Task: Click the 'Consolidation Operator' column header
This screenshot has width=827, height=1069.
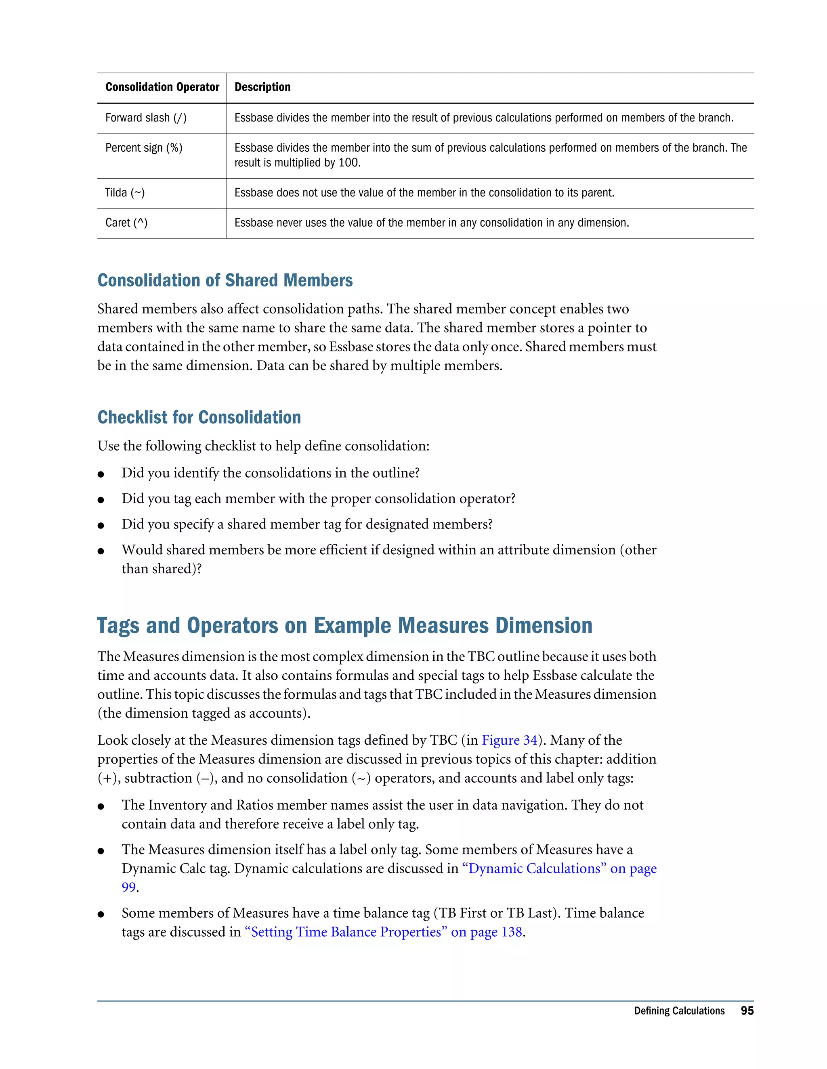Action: point(162,87)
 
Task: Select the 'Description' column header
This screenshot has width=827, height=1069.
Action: point(262,87)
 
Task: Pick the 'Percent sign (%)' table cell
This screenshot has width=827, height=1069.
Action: point(143,148)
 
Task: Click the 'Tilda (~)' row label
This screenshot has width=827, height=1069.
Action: point(125,193)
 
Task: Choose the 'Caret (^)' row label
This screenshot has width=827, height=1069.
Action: point(126,223)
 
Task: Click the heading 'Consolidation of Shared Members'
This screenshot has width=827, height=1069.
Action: point(225,280)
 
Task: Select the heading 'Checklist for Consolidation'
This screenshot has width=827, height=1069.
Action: point(199,418)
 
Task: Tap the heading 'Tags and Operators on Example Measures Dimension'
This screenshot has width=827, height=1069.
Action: point(344,626)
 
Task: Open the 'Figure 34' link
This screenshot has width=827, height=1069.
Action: point(510,740)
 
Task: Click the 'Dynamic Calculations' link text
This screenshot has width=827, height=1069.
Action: point(534,869)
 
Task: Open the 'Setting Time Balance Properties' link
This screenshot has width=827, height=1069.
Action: point(345,932)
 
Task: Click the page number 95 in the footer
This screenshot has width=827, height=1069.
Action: point(747,1011)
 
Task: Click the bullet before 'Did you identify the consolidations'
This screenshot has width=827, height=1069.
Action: point(101,474)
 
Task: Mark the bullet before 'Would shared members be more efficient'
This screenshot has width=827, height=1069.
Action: point(101,551)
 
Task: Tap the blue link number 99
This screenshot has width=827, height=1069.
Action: point(128,887)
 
